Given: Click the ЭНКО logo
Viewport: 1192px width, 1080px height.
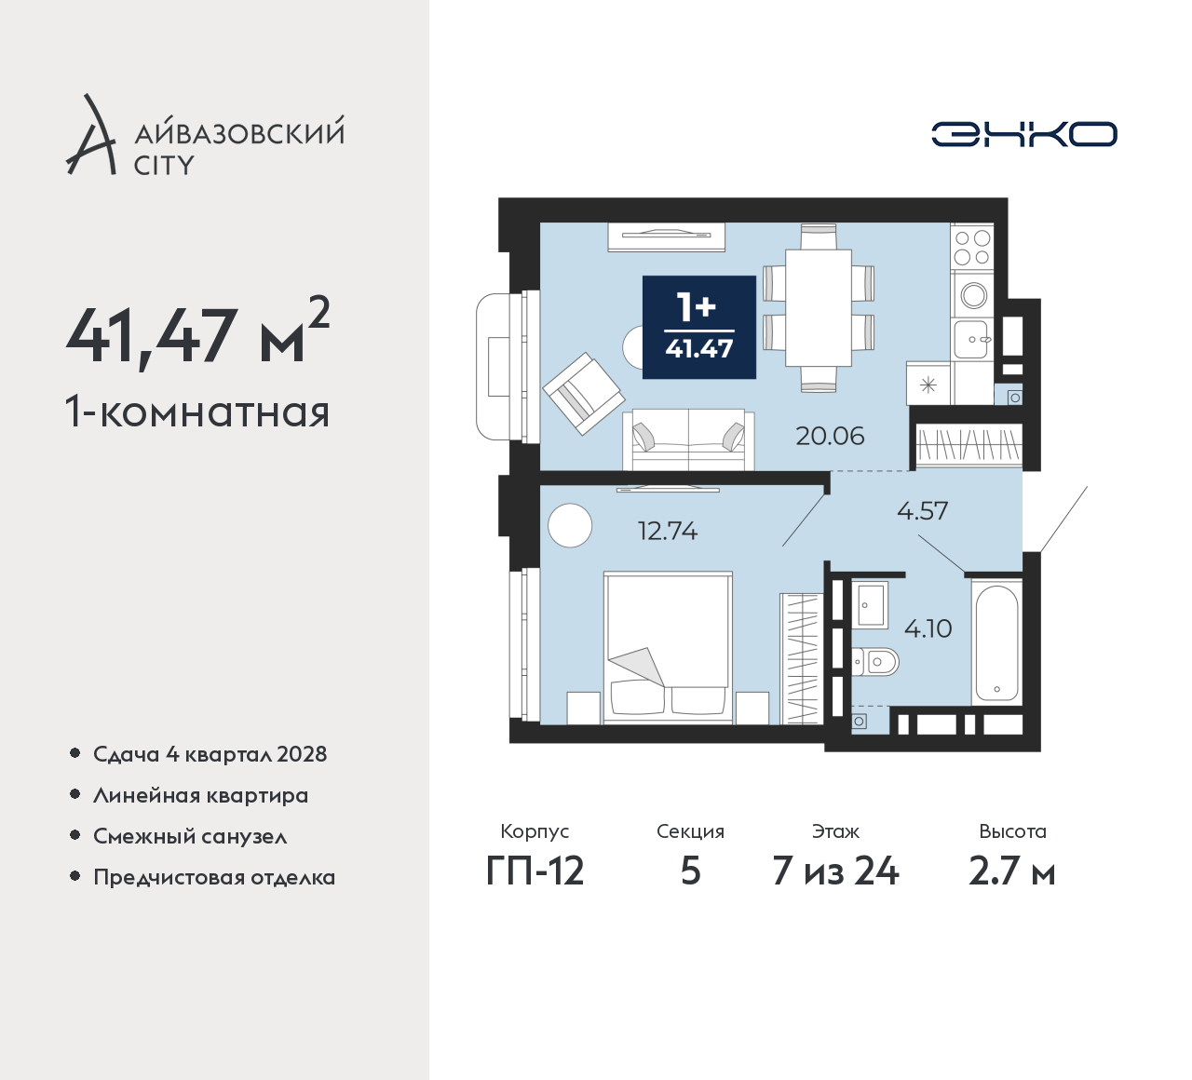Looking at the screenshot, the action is (x=1023, y=134).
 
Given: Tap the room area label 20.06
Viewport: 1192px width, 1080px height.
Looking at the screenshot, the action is (x=830, y=437).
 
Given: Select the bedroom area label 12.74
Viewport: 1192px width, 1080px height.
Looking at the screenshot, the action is (x=668, y=531).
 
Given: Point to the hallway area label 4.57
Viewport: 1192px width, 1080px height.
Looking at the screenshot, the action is (x=922, y=511).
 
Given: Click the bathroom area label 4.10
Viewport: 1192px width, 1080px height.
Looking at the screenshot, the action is (x=928, y=628).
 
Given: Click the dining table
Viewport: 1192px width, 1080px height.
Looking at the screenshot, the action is (x=819, y=308).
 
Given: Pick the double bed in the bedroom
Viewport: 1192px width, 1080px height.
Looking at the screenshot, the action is (x=668, y=647).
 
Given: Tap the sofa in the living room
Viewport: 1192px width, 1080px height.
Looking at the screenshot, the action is (x=688, y=439).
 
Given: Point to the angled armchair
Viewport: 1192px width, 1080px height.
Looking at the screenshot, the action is (x=584, y=393).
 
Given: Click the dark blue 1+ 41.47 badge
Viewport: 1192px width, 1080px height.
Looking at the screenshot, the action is (x=699, y=328).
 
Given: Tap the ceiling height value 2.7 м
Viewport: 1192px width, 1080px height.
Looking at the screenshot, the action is (x=1012, y=872).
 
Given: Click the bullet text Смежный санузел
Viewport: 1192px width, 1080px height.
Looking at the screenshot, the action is (x=190, y=836).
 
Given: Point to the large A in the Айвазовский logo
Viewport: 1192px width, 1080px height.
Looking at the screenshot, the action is (x=90, y=134).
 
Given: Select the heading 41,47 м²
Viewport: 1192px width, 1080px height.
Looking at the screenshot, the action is (x=197, y=331).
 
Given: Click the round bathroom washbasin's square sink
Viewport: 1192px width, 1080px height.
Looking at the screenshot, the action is (x=870, y=604).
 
